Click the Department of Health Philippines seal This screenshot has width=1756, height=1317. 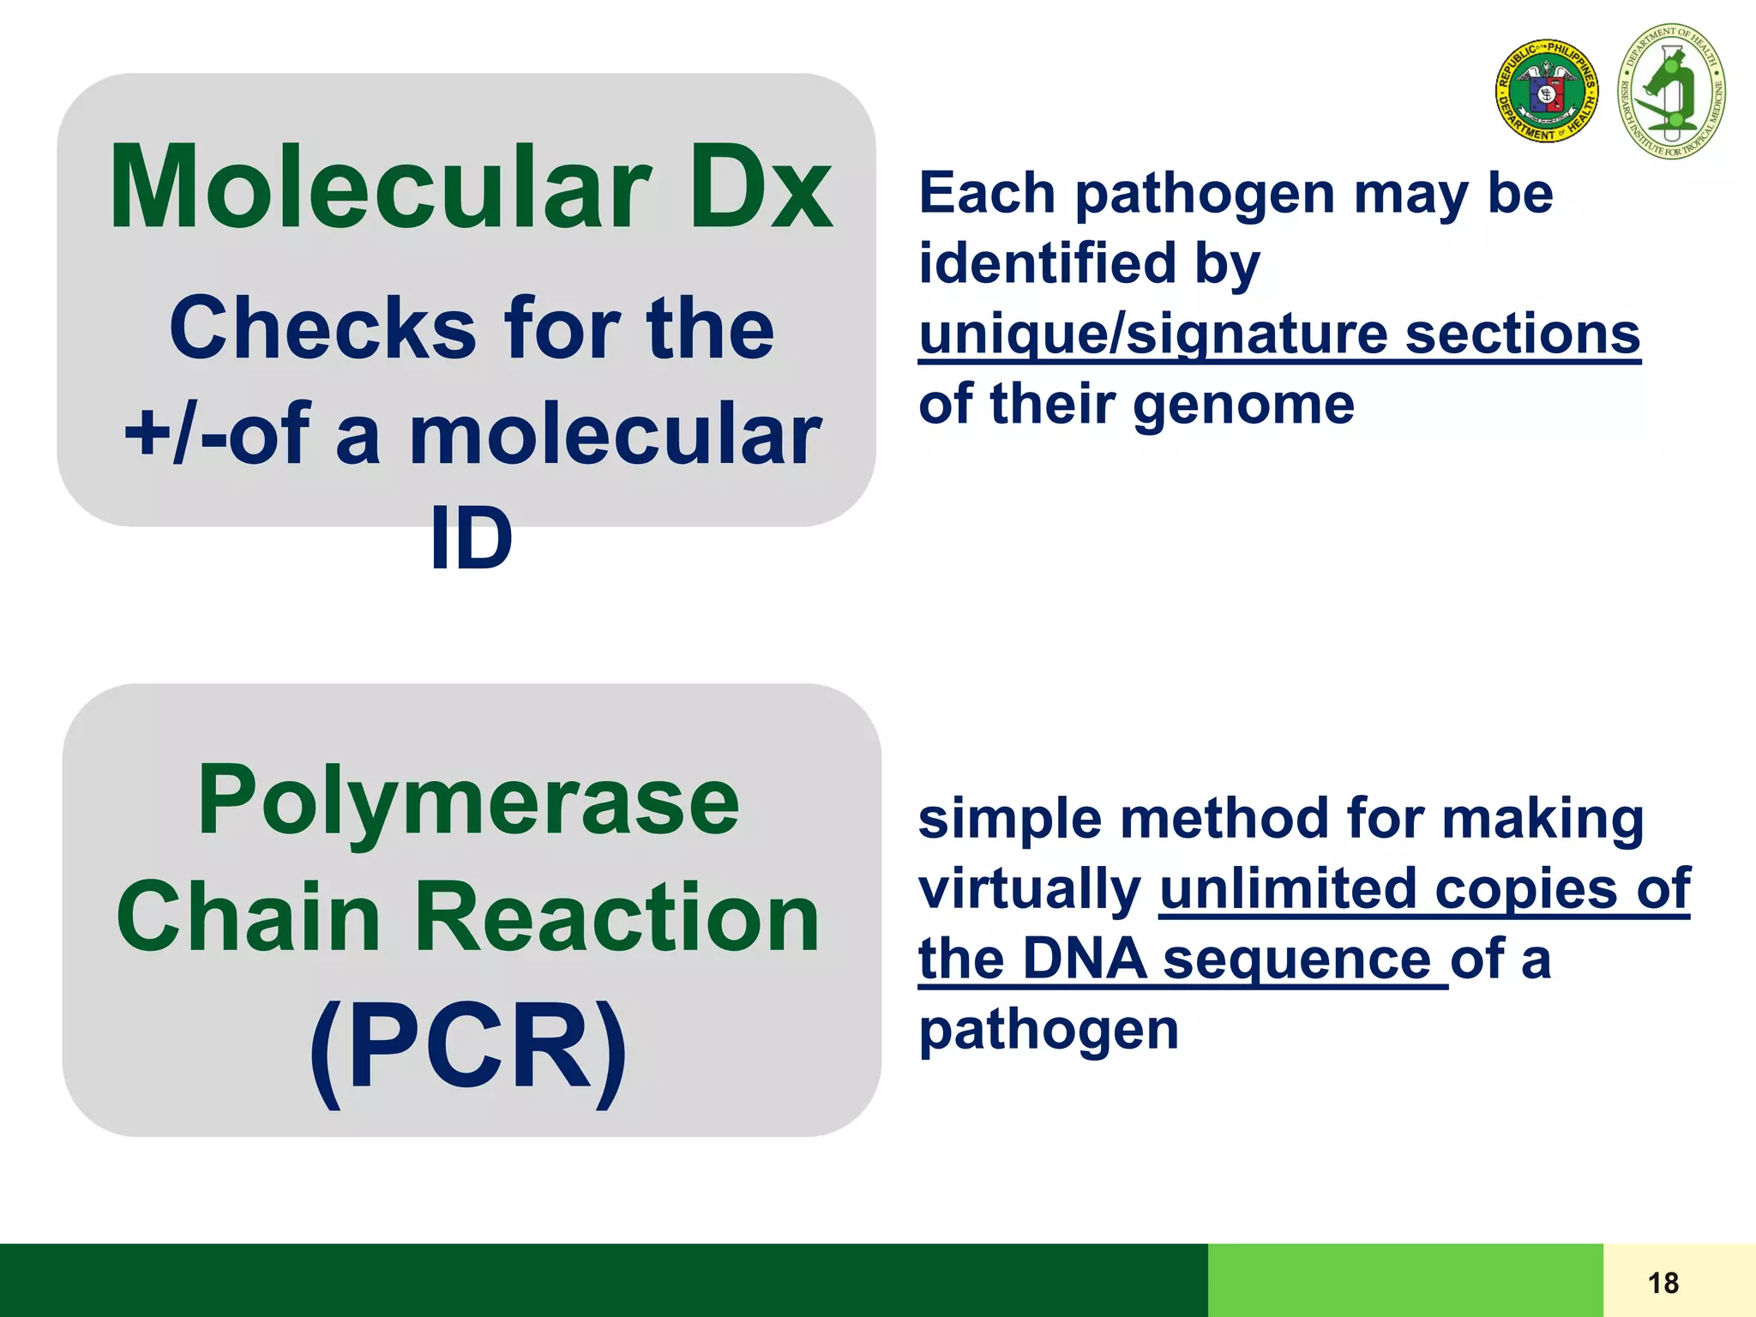(x=1547, y=91)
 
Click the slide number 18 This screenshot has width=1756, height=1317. (x=1663, y=1283)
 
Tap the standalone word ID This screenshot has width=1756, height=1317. (x=471, y=538)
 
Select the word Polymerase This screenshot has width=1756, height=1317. (x=468, y=801)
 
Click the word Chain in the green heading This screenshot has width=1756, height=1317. (x=249, y=917)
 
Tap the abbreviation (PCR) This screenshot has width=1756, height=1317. (x=468, y=1048)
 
